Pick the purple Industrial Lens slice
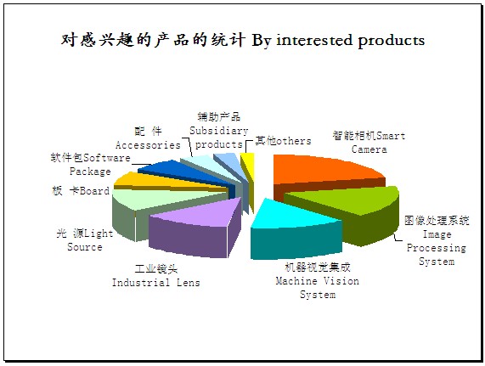point(198,226)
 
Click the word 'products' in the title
point(392,41)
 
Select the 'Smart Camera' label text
point(369,143)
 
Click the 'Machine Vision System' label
point(318,281)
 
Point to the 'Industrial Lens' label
point(156,276)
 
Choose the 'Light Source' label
point(85,240)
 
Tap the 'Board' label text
point(81,191)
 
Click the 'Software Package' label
point(90,165)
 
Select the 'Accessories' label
point(148,138)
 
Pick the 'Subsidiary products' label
point(219,131)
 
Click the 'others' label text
point(283,141)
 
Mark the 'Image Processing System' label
point(437,240)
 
